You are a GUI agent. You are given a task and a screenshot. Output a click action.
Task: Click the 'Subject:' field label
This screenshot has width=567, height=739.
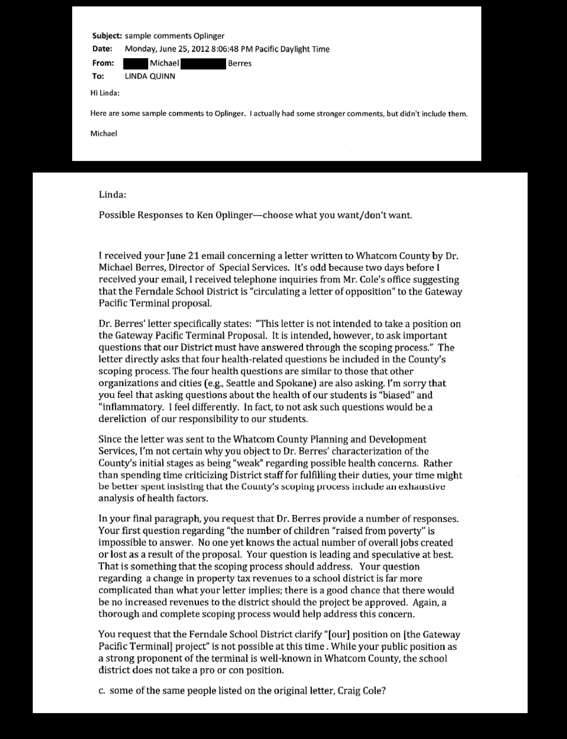(x=107, y=36)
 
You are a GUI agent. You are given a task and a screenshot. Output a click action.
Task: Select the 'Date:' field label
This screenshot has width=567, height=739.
(x=102, y=49)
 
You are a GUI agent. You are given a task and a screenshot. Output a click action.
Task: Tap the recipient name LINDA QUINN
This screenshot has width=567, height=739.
(x=150, y=76)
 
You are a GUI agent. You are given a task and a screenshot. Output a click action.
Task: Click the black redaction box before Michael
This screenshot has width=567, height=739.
(x=135, y=63)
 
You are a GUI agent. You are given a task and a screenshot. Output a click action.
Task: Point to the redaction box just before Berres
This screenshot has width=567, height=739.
(x=203, y=63)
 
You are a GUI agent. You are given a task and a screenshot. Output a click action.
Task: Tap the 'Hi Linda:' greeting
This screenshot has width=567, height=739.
(x=105, y=93)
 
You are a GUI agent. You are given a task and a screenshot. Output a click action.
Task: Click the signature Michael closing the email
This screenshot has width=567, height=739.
(x=104, y=134)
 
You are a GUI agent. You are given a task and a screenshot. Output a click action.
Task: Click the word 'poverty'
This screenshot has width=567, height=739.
(x=405, y=531)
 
